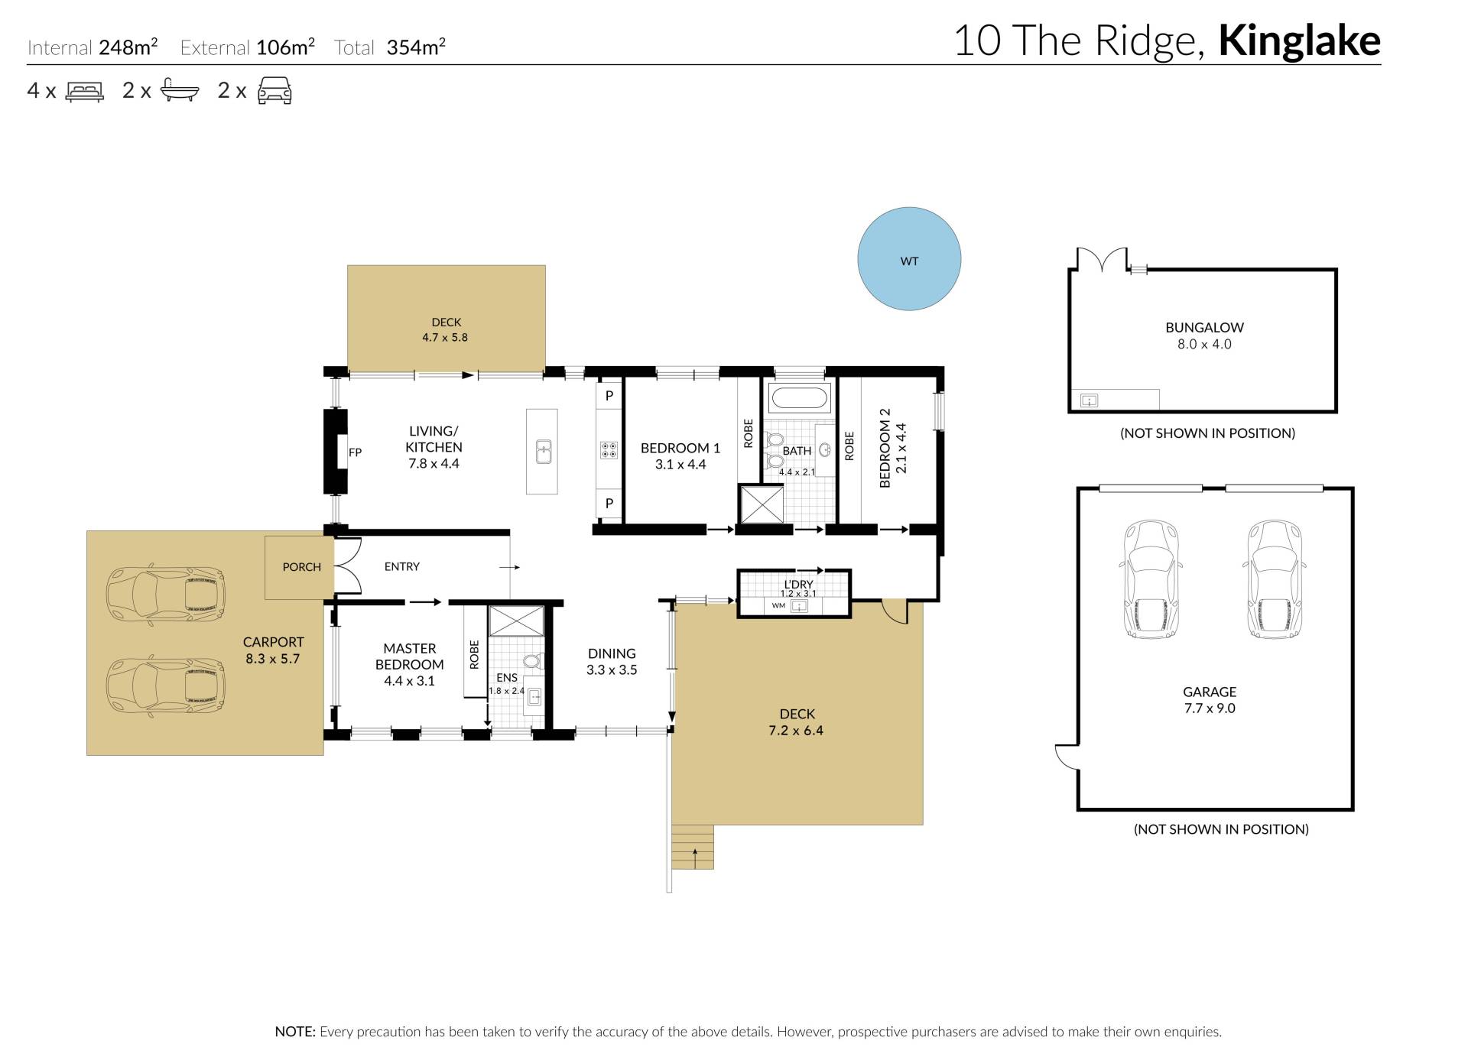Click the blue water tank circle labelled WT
909,259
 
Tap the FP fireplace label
355,452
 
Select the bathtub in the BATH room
799,397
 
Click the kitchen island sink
543,452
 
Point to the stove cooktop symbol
609,450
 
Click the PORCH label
302,567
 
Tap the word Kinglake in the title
1299,41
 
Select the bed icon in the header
85,92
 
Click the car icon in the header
274,90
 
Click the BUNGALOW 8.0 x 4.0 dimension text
1204,344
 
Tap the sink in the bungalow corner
1090,400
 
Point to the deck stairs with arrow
693,847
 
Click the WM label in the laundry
778,606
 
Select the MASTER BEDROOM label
410,656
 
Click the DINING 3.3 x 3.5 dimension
612,670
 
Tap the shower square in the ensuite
517,621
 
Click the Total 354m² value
416,47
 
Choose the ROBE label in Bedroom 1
749,433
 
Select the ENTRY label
402,566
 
